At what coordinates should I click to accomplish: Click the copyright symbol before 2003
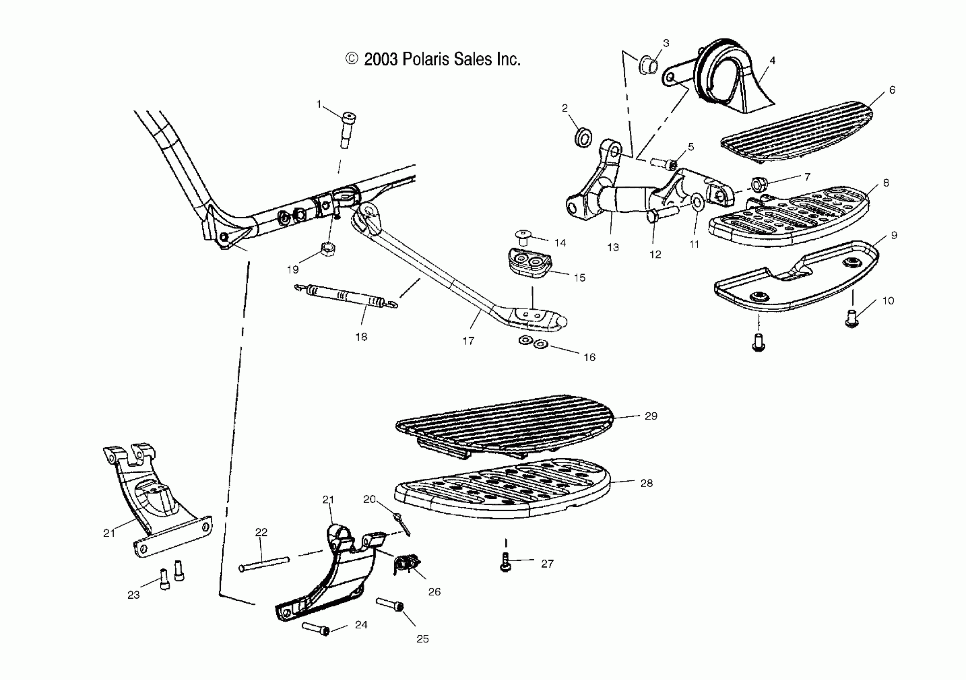pos(351,59)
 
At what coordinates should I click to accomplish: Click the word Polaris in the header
pos(426,59)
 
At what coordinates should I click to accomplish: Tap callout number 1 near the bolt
pos(319,104)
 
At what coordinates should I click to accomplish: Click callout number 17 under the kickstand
pos(468,341)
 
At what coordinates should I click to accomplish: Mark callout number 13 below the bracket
pos(613,248)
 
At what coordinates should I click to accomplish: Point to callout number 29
pos(651,416)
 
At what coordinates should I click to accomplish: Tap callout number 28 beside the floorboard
pos(647,483)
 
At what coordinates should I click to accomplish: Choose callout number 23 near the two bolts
pos(134,595)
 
